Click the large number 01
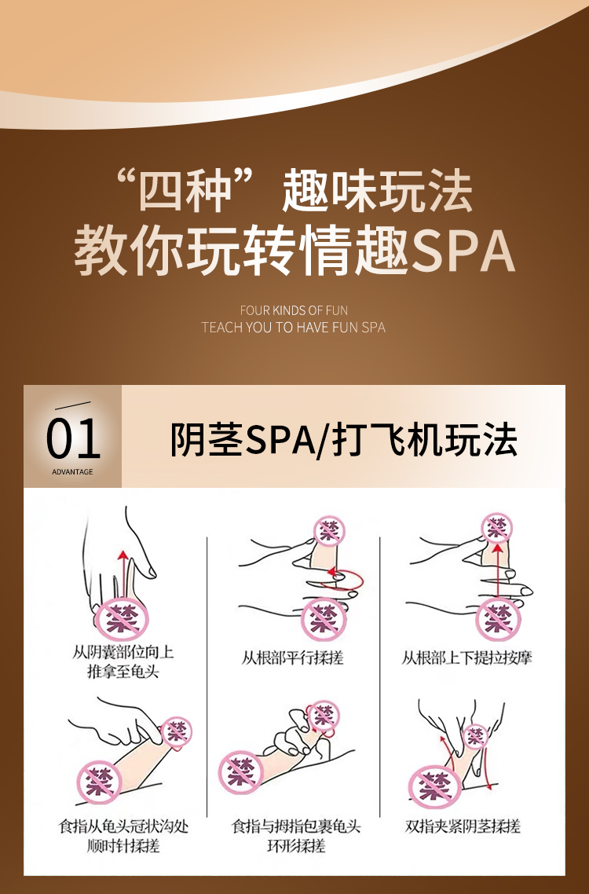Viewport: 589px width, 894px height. (x=73, y=439)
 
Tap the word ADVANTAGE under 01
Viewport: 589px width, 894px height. (x=72, y=471)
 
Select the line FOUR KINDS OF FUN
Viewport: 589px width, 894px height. (x=294, y=310)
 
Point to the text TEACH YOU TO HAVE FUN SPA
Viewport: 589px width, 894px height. (x=294, y=328)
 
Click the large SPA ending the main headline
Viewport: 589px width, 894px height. (x=463, y=251)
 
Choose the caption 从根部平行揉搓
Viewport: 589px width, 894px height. (x=292, y=658)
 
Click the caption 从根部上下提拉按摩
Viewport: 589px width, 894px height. (x=466, y=658)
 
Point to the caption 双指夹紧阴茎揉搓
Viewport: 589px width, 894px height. (x=463, y=826)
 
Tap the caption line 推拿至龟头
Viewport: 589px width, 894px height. (x=123, y=671)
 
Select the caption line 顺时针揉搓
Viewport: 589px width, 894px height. (x=123, y=845)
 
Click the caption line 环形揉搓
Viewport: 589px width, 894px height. (x=296, y=845)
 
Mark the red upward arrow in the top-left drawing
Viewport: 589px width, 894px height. (x=121, y=575)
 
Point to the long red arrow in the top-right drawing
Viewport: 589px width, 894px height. (x=499, y=572)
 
